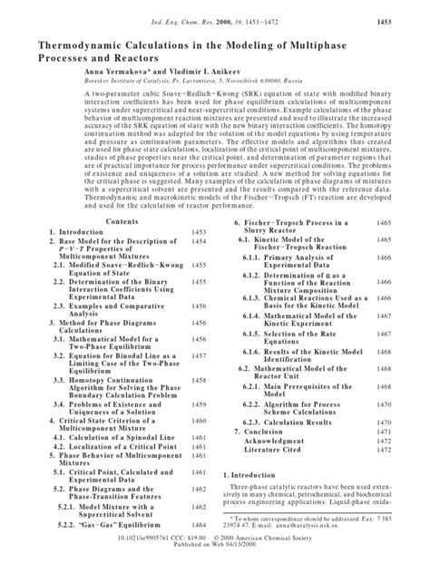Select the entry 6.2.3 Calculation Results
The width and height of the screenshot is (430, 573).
point(298,422)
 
